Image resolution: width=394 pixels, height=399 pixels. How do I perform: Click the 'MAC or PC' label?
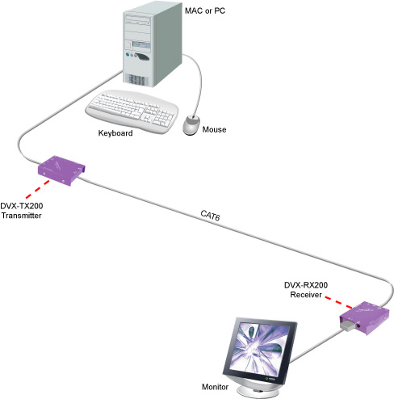(x=205, y=10)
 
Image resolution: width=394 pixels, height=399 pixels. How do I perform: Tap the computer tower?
(x=153, y=44)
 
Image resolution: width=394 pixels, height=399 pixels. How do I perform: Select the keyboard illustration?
(x=132, y=111)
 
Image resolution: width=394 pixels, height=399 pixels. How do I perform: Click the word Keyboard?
(x=115, y=133)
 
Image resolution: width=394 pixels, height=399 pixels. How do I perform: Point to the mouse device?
(x=191, y=124)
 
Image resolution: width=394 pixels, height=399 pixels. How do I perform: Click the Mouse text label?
(x=214, y=129)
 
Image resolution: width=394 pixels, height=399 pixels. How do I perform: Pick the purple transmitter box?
(x=61, y=170)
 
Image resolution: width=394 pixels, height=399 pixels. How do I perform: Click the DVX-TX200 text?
(x=22, y=206)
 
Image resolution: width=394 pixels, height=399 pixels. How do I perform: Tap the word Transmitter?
(x=22, y=216)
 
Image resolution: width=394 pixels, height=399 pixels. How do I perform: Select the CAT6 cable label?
(x=210, y=216)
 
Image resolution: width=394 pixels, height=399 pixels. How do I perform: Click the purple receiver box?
(x=365, y=318)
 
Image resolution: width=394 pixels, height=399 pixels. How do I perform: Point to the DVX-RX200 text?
(x=306, y=285)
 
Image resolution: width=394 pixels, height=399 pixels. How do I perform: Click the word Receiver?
(x=306, y=295)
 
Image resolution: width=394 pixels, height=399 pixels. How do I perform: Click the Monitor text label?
(x=215, y=387)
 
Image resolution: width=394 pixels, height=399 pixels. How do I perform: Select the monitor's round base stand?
(x=258, y=389)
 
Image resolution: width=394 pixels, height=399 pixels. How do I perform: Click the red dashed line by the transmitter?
(x=38, y=189)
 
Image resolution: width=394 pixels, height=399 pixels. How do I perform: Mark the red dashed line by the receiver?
(x=338, y=302)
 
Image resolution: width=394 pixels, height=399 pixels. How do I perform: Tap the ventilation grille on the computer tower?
(x=136, y=80)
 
